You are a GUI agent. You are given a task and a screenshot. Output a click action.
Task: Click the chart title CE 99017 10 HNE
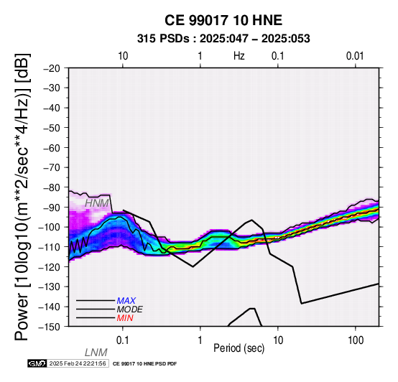pyautogui.click(x=223, y=20)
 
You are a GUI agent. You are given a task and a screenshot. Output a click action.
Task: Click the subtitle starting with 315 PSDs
pyautogui.click(x=223, y=39)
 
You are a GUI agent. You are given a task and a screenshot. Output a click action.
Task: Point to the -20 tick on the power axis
pyautogui.click(x=52, y=68)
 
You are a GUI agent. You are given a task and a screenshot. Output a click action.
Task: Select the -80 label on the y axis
pyautogui.click(x=52, y=187)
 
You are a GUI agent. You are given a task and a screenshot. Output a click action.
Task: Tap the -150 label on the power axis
pyautogui.click(x=50, y=327)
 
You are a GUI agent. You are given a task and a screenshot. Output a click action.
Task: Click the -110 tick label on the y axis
pyautogui.click(x=50, y=247)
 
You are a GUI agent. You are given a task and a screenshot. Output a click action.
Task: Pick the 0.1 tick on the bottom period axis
pyautogui.click(x=123, y=340)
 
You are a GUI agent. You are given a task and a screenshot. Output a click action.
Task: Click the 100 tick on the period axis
pyautogui.click(x=356, y=340)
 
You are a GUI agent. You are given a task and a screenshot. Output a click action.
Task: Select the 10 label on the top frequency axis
pyautogui.click(x=123, y=56)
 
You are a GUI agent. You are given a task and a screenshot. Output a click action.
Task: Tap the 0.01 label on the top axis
pyautogui.click(x=355, y=56)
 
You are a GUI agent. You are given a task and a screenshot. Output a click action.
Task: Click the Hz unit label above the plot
pyautogui.click(x=239, y=56)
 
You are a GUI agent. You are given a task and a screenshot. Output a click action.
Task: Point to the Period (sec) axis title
pyautogui.click(x=239, y=348)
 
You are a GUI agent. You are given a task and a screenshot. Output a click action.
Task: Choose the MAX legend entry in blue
pyautogui.click(x=126, y=301)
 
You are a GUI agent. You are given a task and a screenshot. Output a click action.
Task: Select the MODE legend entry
pyautogui.click(x=130, y=309)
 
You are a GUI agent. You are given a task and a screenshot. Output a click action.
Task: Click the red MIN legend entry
pyautogui.click(x=125, y=318)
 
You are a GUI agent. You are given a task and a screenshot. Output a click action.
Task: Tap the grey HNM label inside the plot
pyautogui.click(x=97, y=203)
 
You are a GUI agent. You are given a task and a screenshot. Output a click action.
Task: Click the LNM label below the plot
pyautogui.click(x=96, y=353)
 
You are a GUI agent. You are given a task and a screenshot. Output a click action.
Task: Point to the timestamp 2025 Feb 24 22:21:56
pyautogui.click(x=78, y=363)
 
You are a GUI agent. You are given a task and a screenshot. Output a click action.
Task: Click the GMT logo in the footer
pyautogui.click(x=37, y=363)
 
